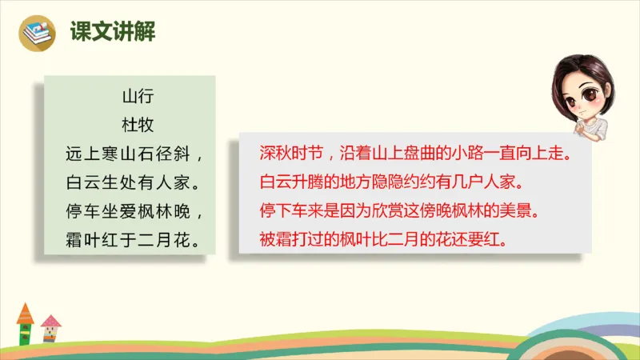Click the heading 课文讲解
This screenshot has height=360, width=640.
pos(112,32)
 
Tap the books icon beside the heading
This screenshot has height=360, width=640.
pos(38,33)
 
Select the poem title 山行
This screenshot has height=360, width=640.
pos(130,99)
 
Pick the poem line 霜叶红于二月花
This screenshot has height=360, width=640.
pos(130,238)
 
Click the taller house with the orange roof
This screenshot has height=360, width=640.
pos(26,324)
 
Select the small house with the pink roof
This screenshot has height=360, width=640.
pos(50,329)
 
